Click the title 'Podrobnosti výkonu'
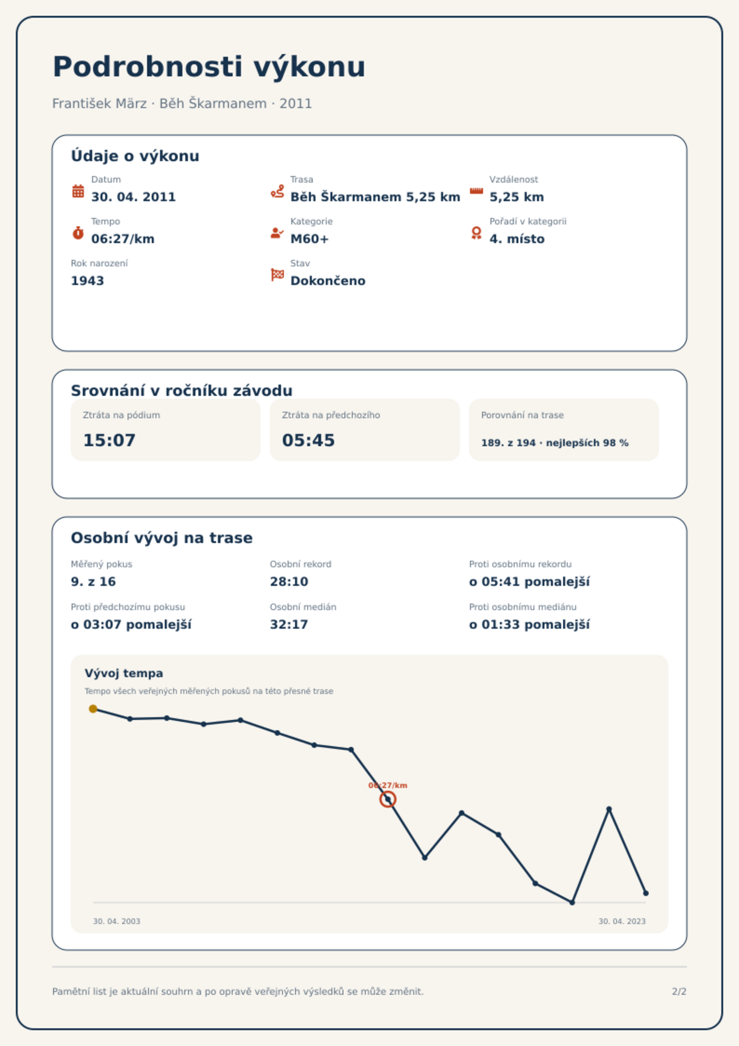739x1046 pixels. [209, 67]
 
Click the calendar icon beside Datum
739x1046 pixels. [78, 191]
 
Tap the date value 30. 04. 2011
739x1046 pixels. [134, 197]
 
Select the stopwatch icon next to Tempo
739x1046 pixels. [78, 233]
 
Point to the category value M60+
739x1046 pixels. [309, 239]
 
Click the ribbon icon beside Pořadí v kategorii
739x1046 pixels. [476, 233]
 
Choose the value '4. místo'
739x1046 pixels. [517, 239]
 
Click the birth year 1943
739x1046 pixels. [87, 281]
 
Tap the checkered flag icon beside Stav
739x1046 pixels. [277, 275]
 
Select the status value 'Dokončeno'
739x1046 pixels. [328, 281]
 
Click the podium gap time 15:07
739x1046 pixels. [109, 440]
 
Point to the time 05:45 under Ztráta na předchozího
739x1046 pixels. [308, 440]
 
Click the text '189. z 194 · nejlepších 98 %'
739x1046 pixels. [555, 443]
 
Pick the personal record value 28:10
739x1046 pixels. [289, 582]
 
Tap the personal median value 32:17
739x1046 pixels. [289, 625]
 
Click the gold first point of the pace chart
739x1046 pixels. [93, 709]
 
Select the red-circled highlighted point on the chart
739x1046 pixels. [388, 799]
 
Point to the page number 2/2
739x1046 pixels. [679, 992]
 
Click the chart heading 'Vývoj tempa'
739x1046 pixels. [124, 673]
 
